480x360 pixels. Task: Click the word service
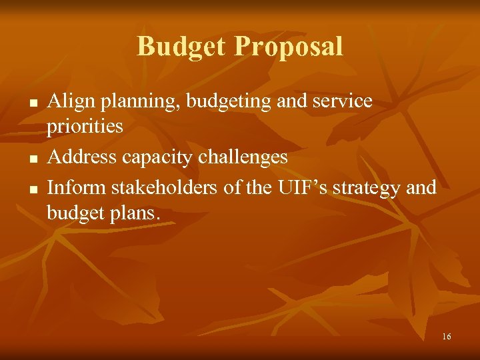339,101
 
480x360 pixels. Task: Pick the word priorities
85,127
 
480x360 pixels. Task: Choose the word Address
79,157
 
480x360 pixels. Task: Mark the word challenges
243,157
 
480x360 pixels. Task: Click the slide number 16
446,337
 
